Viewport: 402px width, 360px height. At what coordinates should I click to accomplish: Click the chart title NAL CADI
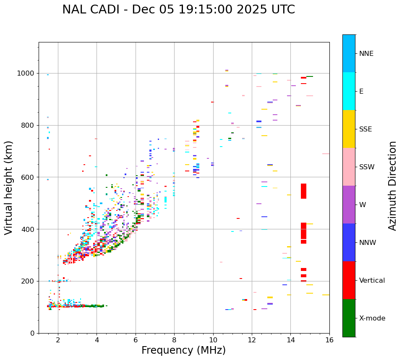point(178,10)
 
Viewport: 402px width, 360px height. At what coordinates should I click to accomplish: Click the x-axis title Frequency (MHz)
point(183,350)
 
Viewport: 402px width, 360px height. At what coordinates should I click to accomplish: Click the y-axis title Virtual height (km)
point(9,188)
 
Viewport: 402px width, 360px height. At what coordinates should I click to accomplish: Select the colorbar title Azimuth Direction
point(392,186)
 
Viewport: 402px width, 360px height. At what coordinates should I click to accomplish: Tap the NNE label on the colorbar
point(366,54)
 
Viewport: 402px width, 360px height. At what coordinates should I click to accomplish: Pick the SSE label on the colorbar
point(365,129)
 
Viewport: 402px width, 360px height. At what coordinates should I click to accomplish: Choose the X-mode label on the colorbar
point(372,318)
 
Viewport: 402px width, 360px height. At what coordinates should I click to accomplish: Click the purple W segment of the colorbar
point(349,205)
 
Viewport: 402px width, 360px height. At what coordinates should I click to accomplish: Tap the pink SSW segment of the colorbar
point(349,167)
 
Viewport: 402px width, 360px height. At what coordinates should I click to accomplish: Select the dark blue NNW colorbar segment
point(349,242)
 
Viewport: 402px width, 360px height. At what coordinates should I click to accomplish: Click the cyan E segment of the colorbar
point(349,91)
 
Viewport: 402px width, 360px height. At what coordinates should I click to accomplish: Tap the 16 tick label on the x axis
point(329,340)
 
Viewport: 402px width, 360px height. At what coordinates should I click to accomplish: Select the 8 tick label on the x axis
point(174,340)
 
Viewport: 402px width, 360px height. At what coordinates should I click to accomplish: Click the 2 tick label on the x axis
point(58,340)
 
